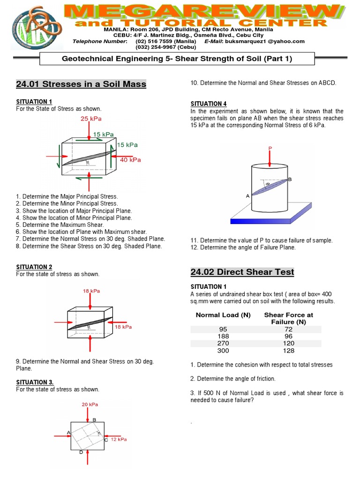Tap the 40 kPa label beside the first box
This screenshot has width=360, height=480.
[131, 160]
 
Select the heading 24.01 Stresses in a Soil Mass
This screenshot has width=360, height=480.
[81, 84]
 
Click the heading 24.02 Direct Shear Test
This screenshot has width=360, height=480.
[242, 272]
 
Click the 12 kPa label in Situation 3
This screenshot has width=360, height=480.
[119, 439]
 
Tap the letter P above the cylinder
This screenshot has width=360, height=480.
[270, 148]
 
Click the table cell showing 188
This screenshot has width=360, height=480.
[219, 336]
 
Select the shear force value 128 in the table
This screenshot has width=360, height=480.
[288, 351]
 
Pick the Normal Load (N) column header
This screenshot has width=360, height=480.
[223, 315]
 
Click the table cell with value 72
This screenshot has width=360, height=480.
[288, 329]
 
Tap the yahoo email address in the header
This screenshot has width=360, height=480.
[265, 41]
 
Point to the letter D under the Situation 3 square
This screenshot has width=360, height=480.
[81, 452]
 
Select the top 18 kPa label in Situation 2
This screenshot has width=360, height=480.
[91, 291]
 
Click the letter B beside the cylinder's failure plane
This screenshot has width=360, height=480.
[290, 180]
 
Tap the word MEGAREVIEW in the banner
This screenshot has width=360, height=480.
[201, 10]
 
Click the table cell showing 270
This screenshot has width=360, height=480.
[219, 343]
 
